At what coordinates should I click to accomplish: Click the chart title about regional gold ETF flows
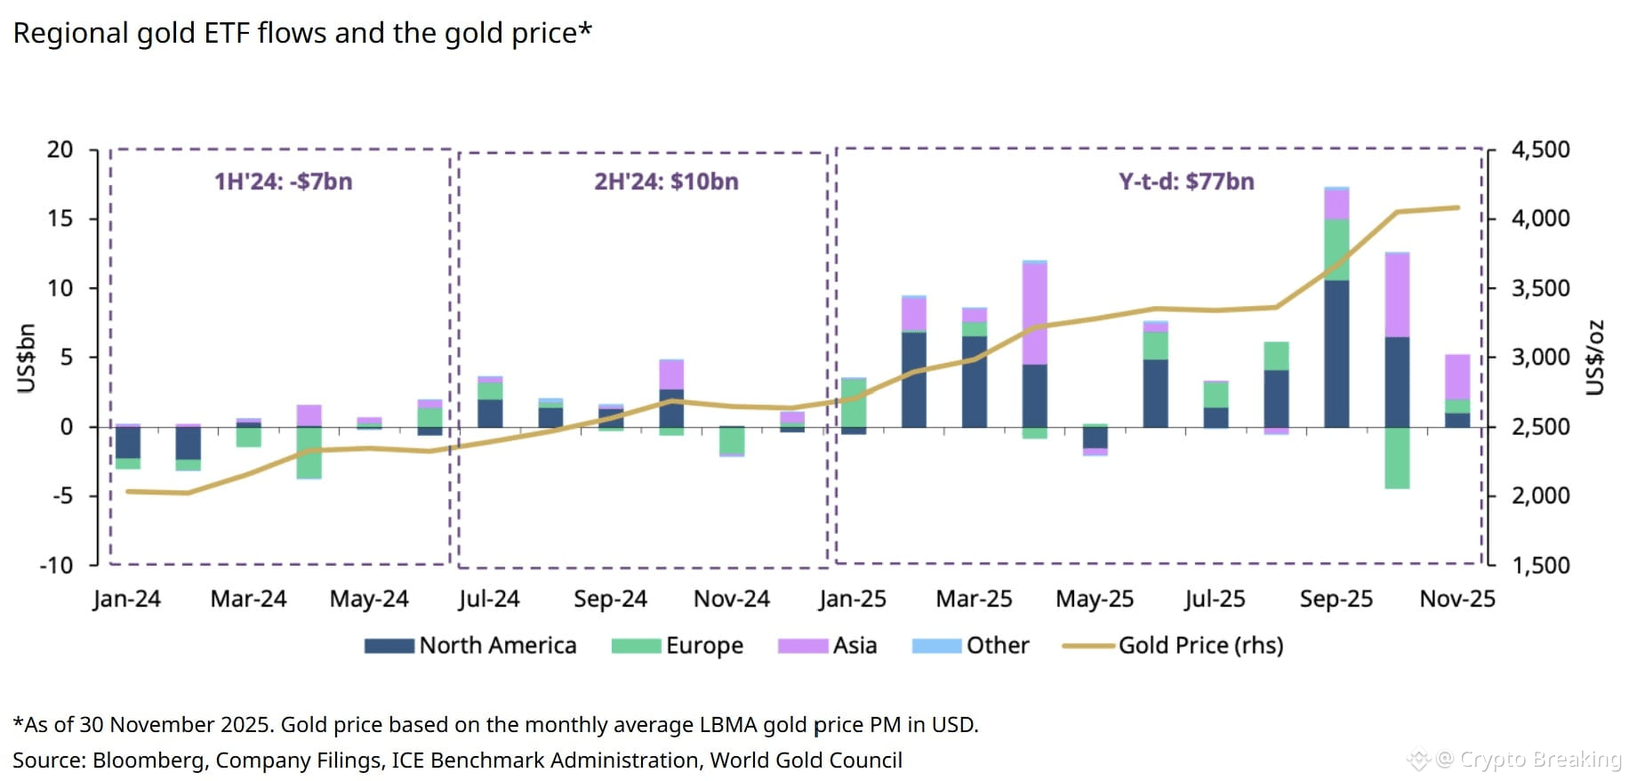[302, 34]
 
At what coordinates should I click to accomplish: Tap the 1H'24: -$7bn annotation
[283, 181]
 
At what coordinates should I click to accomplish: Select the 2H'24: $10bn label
[666, 181]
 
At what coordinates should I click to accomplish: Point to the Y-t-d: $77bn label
[1186, 181]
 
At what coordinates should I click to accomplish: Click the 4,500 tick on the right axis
[1540, 149]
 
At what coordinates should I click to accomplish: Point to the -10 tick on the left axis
[56, 565]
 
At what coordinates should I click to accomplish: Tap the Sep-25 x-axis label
[1336, 599]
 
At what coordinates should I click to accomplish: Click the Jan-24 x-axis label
[126, 599]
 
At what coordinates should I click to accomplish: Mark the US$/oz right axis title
[1596, 358]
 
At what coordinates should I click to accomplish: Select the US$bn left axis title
[27, 358]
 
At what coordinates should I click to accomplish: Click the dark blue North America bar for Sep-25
[1336, 354]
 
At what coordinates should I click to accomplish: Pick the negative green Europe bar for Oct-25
[1396, 458]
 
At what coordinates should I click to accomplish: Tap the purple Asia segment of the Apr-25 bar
[1034, 313]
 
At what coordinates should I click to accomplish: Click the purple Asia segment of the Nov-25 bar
[1456, 377]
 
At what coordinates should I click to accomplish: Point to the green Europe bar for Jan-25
[853, 402]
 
